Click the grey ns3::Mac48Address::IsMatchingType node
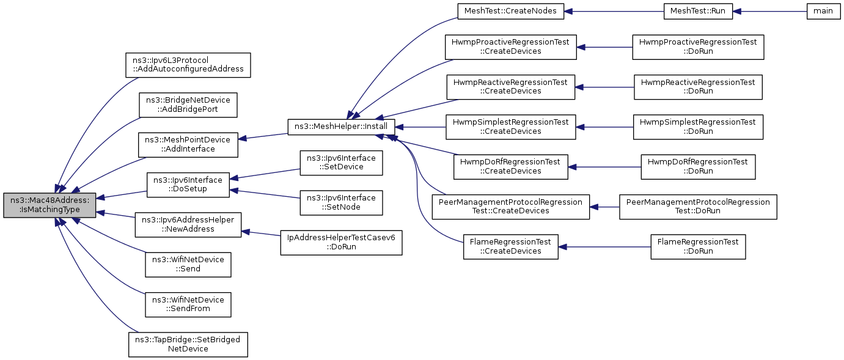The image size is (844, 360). [x=50, y=205]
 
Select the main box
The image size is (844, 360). [x=823, y=12]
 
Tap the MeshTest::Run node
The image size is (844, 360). [x=698, y=12]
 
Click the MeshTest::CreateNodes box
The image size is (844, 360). [x=510, y=12]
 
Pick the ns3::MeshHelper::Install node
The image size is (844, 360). [x=341, y=127]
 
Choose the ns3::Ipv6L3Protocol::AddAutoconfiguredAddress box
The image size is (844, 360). [x=188, y=65]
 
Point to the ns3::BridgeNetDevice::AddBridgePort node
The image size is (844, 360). [x=188, y=105]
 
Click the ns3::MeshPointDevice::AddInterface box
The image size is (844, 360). [x=188, y=145]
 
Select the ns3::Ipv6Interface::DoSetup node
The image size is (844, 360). [x=188, y=185]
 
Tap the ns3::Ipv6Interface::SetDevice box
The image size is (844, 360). [x=341, y=163]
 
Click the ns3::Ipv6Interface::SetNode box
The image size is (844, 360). [x=341, y=203]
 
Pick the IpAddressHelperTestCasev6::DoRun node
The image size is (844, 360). [x=341, y=243]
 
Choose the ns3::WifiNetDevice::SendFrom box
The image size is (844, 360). [x=188, y=304]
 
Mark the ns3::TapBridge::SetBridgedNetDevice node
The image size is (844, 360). [x=188, y=345]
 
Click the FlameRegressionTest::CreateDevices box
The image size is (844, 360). [x=510, y=247]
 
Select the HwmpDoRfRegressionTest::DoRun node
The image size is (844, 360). [x=698, y=167]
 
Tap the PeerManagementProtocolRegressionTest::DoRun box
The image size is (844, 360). [x=698, y=207]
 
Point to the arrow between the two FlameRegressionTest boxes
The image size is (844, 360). [x=604, y=247]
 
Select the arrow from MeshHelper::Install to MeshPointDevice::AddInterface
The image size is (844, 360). [x=263, y=136]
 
